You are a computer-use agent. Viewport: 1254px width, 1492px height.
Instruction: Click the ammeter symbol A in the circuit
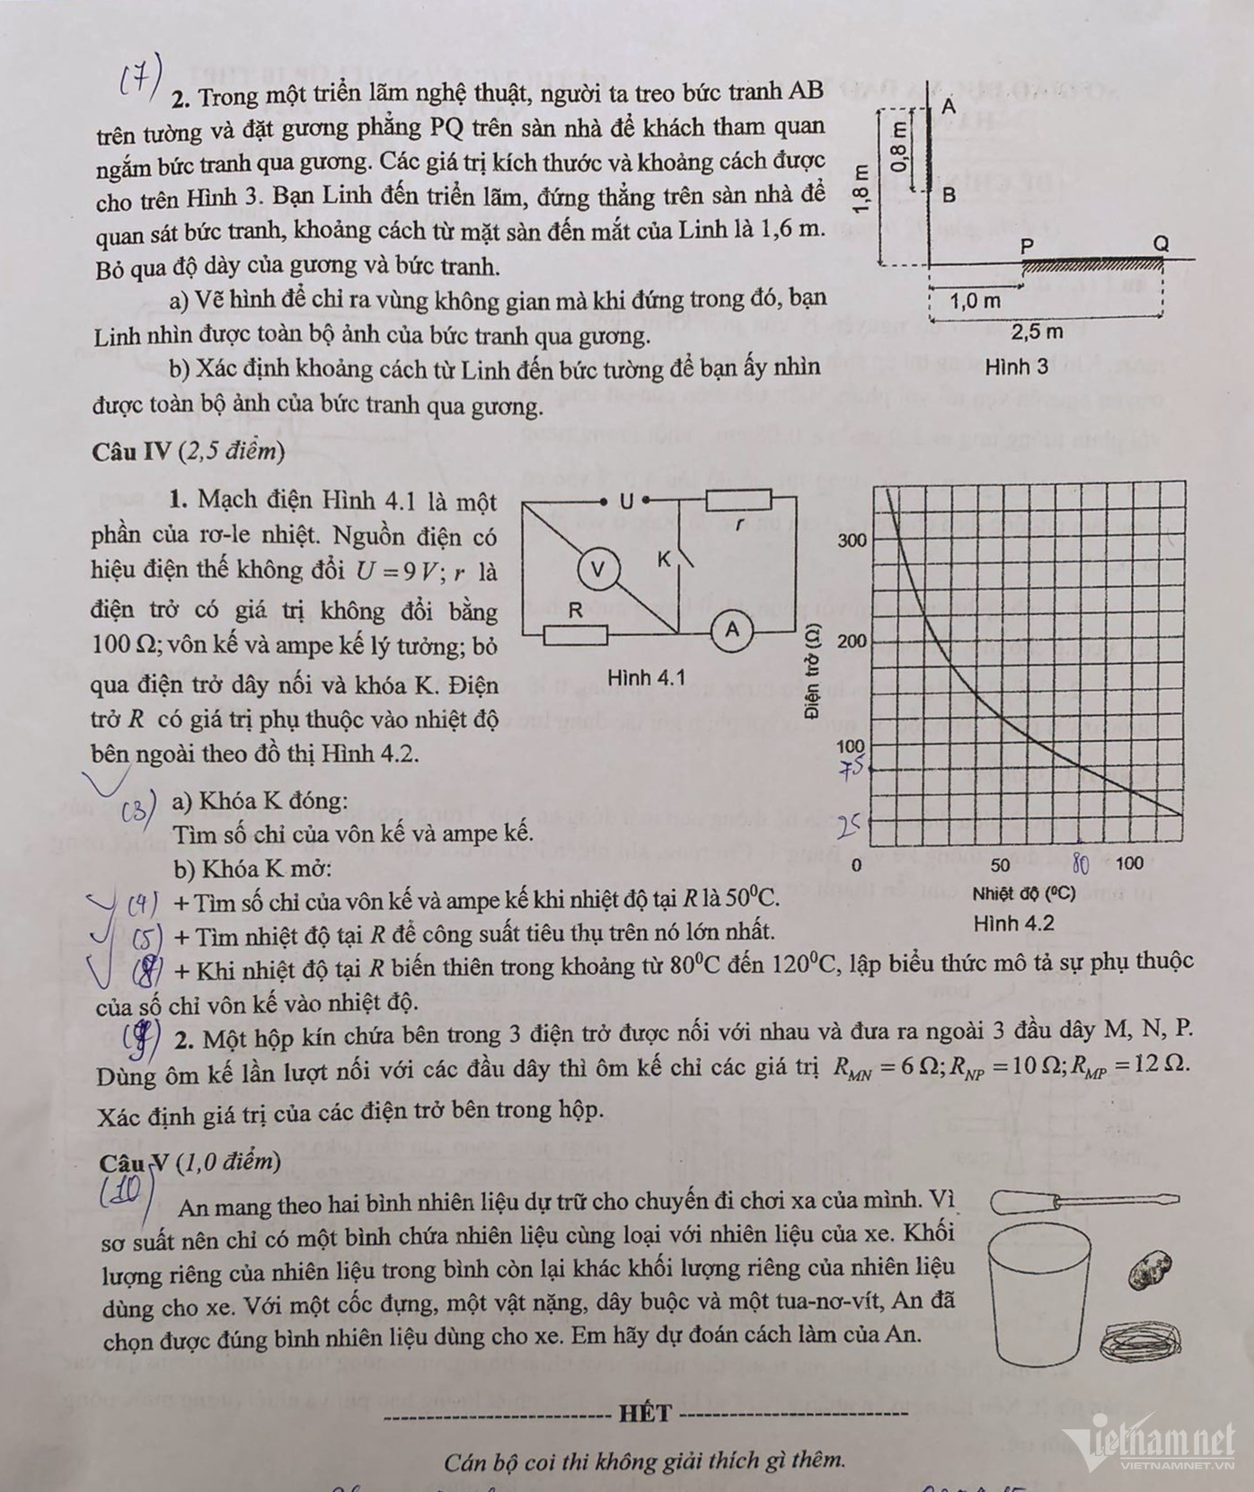coord(732,631)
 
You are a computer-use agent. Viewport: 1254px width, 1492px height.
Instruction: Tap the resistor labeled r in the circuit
coord(737,501)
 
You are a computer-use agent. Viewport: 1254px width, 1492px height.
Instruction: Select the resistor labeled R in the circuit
coord(575,636)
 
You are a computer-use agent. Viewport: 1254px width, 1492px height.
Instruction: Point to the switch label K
coord(665,559)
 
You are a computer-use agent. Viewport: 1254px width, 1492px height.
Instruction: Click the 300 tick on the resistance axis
coord(852,540)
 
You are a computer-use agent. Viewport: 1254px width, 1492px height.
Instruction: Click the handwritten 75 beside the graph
coord(848,769)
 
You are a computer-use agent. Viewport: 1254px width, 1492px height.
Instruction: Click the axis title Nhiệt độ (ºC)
coord(1023,894)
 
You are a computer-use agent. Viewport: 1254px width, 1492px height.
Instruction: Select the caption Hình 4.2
coord(1013,923)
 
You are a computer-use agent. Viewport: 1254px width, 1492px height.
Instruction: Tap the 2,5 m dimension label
coord(1037,331)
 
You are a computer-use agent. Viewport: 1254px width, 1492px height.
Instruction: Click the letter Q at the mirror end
coord(1161,243)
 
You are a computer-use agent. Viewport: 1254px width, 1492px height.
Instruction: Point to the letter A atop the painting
coord(949,106)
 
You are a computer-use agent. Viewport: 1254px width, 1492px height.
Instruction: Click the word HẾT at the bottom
coord(644,1413)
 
